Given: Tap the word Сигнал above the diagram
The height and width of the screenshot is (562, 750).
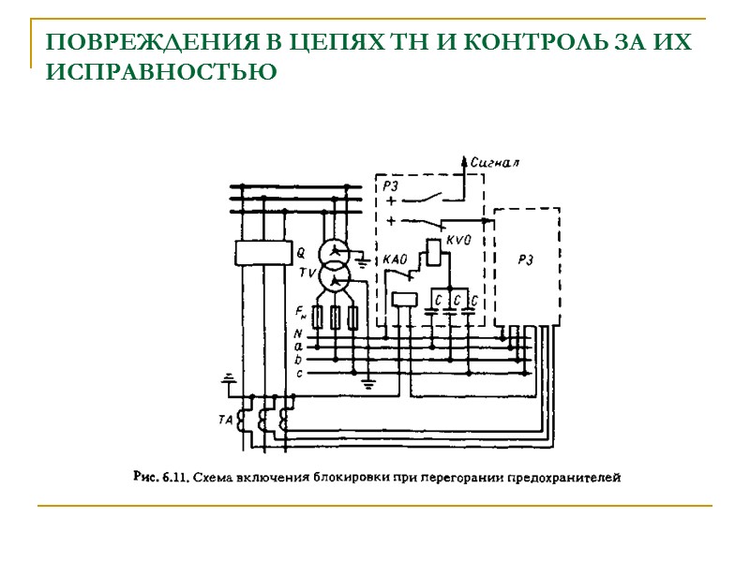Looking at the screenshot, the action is tap(496, 162).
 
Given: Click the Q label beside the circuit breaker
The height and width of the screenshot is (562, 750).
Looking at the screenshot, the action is tap(302, 253).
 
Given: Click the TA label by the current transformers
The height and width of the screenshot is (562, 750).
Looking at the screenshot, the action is tap(225, 420).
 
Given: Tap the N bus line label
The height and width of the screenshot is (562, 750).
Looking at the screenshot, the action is tap(297, 333).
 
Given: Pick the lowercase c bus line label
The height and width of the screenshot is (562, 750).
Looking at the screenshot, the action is tap(298, 374).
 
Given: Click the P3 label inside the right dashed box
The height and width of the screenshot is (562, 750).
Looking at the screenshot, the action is tap(526, 260).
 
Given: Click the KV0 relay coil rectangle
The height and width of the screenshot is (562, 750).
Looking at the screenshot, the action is tap(434, 252).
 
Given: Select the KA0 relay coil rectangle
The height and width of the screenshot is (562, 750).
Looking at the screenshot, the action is tap(406, 299).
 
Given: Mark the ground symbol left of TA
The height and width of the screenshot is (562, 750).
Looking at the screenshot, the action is tap(226, 379).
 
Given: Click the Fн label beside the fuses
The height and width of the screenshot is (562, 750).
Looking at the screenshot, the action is tap(299, 311).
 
